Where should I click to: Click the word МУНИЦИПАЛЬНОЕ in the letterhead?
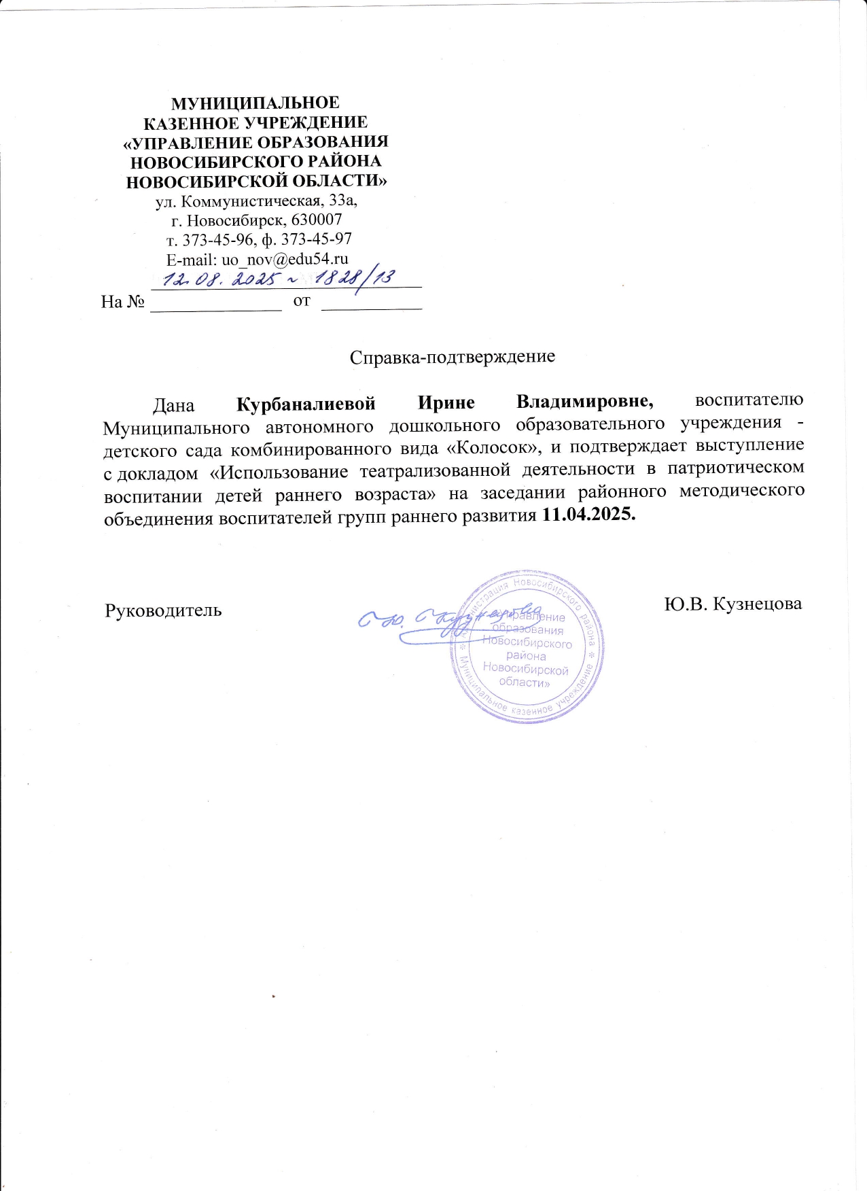coord(255,103)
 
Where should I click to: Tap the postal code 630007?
coord(317,220)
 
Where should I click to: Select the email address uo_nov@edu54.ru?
coord(285,259)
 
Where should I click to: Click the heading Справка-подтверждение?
coord(453,357)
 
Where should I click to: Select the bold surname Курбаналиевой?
coord(306,404)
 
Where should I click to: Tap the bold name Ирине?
coord(446,402)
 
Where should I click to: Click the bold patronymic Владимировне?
coord(585,402)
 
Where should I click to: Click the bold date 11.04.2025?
coord(589,515)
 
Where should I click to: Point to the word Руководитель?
coord(163,610)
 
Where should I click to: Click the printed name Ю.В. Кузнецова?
coord(733,604)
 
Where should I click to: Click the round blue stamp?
coord(527,646)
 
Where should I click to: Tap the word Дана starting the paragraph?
coord(173,406)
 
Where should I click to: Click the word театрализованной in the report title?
coord(435,471)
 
